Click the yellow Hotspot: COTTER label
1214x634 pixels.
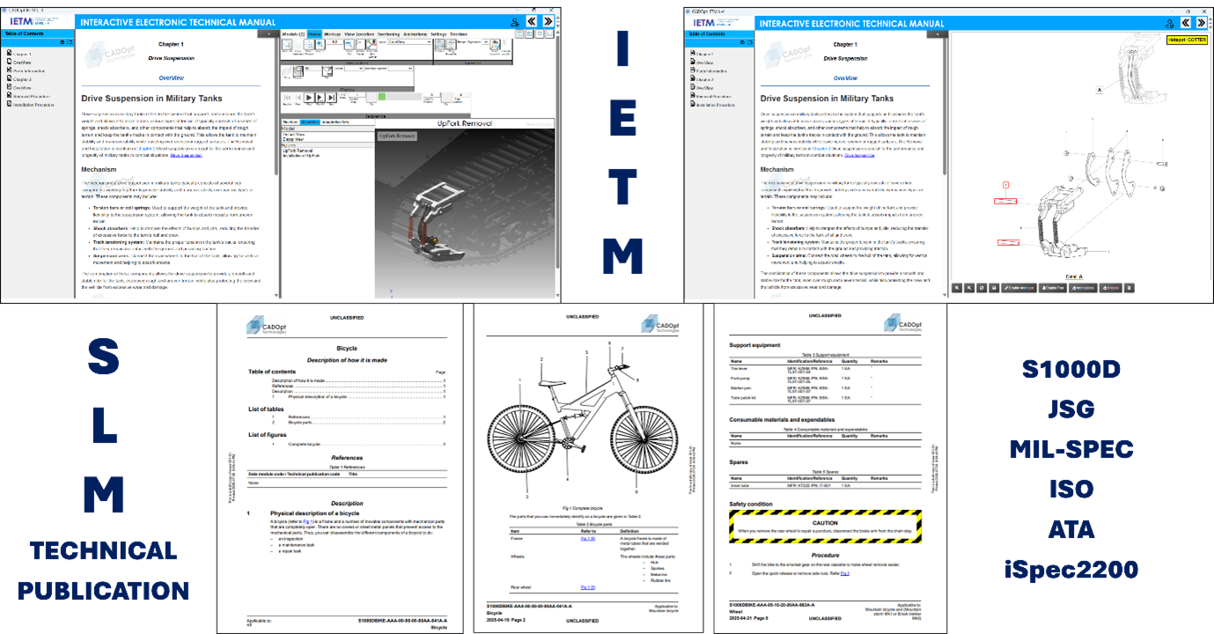click(1188, 40)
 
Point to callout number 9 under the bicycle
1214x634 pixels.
click(636, 492)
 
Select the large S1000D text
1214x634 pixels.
click(1071, 369)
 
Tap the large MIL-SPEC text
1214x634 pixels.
click(1071, 449)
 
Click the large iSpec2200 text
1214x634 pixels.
click(1071, 569)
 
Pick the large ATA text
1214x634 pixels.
click(1071, 529)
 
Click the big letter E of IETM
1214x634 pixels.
click(622, 123)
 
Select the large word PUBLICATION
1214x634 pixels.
click(103, 589)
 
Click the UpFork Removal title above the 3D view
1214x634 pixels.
click(464, 124)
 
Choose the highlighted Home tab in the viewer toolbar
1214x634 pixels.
click(314, 33)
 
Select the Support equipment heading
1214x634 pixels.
click(754, 345)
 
